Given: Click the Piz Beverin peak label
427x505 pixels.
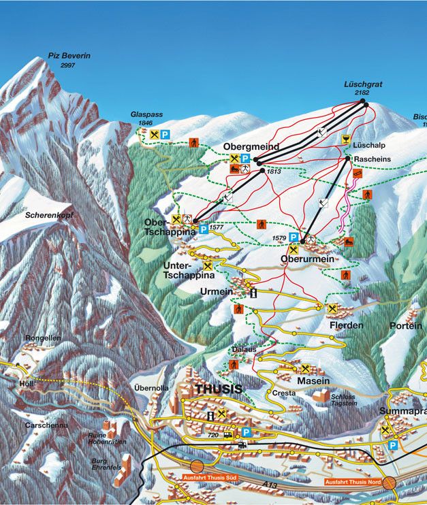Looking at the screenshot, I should (69, 55).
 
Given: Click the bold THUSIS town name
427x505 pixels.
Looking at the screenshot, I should (218, 389).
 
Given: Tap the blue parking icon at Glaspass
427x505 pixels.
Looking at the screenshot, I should (165, 135).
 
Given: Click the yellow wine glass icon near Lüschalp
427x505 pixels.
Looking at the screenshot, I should (346, 139).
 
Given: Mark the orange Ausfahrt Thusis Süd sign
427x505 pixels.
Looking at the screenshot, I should (209, 478).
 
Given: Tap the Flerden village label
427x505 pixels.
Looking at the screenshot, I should (346, 326).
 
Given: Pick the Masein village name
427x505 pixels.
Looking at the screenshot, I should (313, 380).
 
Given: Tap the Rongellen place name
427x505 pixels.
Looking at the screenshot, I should (42, 338).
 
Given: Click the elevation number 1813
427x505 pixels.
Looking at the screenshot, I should (274, 172).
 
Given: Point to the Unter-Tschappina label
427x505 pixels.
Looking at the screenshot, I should (189, 270).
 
